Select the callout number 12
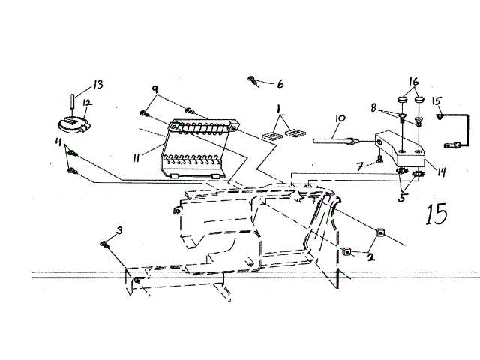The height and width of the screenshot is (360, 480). point(87,103)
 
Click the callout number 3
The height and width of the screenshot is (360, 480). point(119,229)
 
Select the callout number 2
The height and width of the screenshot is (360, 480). point(370,255)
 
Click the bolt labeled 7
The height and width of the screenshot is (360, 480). point(382,158)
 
